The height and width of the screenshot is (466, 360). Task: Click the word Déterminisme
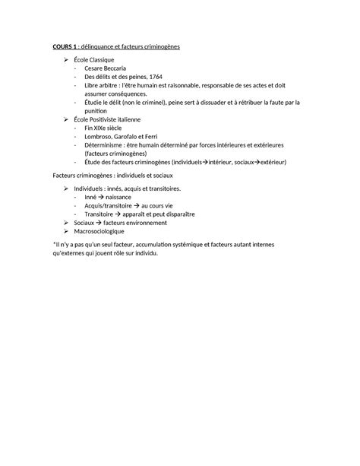[x=106, y=145]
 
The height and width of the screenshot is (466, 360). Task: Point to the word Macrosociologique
[x=106, y=230]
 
